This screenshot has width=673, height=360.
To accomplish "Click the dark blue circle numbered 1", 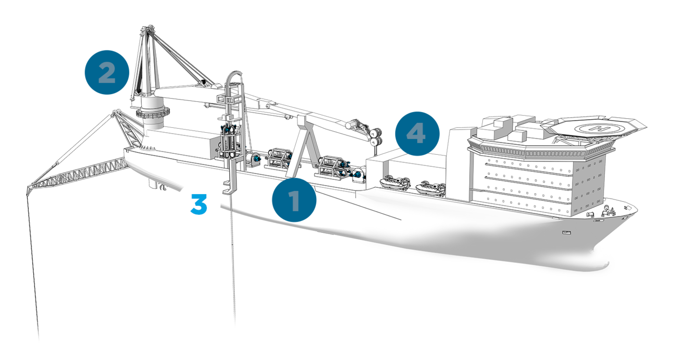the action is click(x=294, y=200).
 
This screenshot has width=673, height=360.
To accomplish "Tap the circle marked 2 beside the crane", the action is click(x=107, y=73).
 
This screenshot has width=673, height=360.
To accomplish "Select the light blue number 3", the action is click(x=199, y=204).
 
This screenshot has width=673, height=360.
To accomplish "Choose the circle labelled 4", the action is click(x=417, y=134).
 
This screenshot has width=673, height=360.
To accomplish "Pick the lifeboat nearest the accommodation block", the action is click(x=430, y=188).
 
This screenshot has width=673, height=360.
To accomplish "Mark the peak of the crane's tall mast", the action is click(x=147, y=28).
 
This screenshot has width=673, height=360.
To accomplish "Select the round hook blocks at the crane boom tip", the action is click(x=375, y=137).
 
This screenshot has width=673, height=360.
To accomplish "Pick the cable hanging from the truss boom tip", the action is click(x=33, y=267).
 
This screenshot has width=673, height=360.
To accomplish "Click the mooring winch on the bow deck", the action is click(x=591, y=214).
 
